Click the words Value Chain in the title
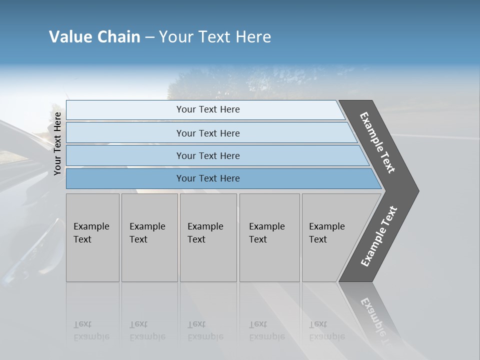point(94,37)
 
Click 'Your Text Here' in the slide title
point(215,37)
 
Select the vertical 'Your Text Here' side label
point(57,143)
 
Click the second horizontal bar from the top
point(208,133)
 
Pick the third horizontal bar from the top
point(208,155)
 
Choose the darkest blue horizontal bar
point(208,178)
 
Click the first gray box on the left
point(92,237)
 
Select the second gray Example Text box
point(149,237)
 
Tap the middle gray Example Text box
point(208,237)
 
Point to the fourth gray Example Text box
point(269,237)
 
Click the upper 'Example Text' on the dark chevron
point(377,142)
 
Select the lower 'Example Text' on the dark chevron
point(379,236)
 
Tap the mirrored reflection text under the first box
point(91,330)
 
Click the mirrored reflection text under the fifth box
point(326,330)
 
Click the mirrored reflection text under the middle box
point(205,330)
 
